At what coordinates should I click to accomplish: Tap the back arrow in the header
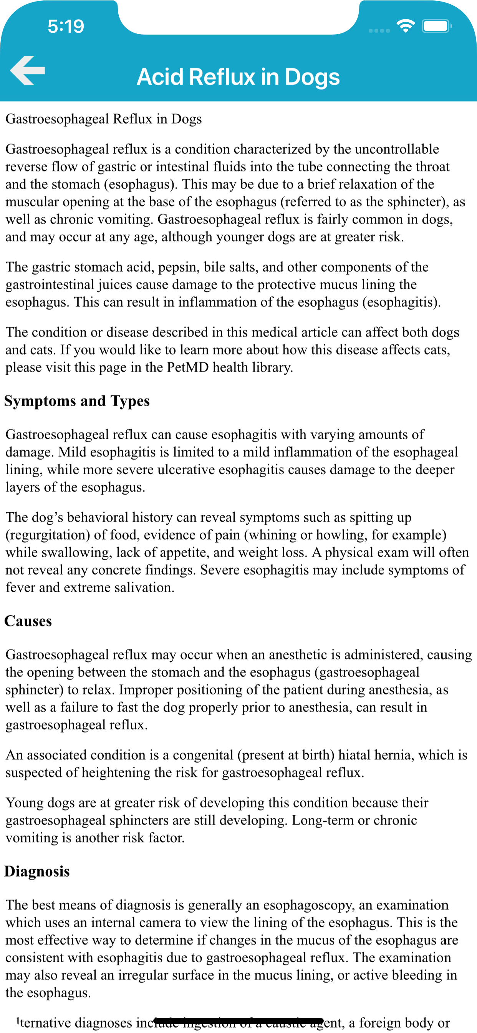pyautogui.click(x=28, y=71)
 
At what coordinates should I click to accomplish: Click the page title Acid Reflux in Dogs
pyautogui.click(x=238, y=76)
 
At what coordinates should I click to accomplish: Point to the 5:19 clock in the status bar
pyautogui.click(x=66, y=27)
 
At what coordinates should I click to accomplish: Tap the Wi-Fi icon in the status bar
pyautogui.click(x=406, y=26)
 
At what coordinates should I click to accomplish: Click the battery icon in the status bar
pyautogui.click(x=436, y=27)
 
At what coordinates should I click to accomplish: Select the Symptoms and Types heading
pyautogui.click(x=77, y=401)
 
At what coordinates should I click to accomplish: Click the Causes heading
pyautogui.click(x=28, y=621)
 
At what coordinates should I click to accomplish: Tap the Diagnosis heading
pyautogui.click(x=37, y=871)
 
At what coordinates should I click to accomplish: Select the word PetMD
pyautogui.click(x=187, y=367)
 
